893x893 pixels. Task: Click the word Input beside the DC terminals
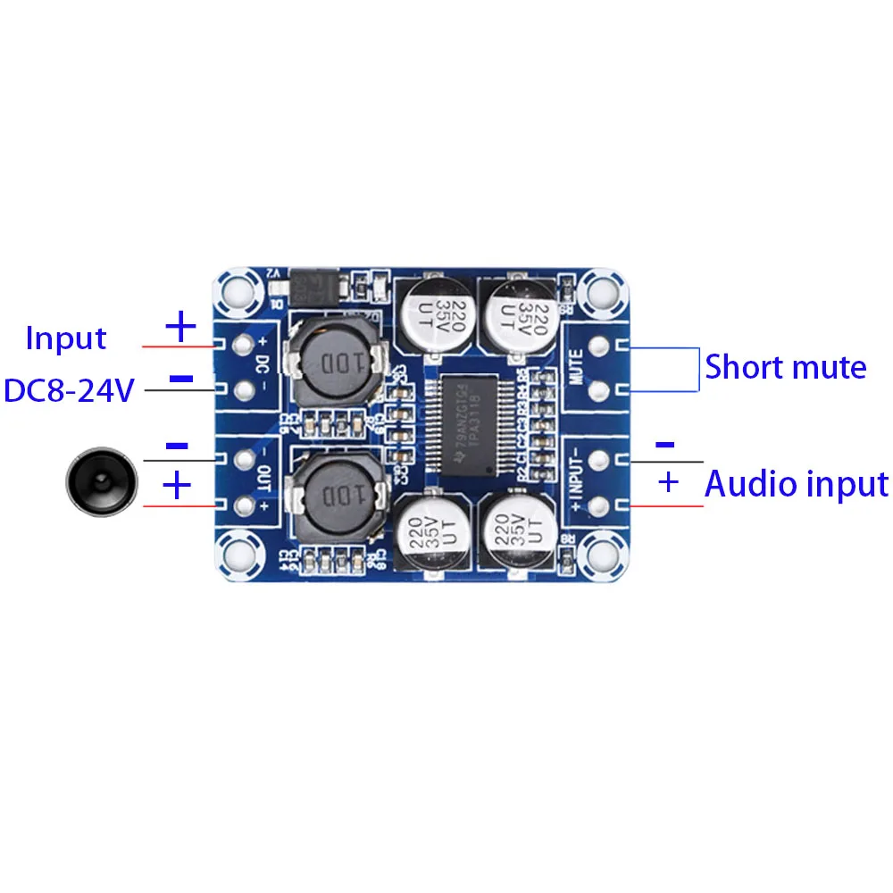pyautogui.click(x=65, y=338)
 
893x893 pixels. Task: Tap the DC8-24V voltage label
pyautogui.click(x=69, y=390)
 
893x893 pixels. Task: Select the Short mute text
pyautogui.click(x=786, y=367)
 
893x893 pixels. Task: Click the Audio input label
pyautogui.click(x=797, y=484)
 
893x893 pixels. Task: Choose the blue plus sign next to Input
pyautogui.click(x=181, y=327)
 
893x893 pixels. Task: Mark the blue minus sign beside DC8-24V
pyautogui.click(x=181, y=379)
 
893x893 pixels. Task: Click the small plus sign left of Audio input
pyautogui.click(x=668, y=483)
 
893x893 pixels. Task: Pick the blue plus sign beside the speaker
pyautogui.click(x=177, y=486)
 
